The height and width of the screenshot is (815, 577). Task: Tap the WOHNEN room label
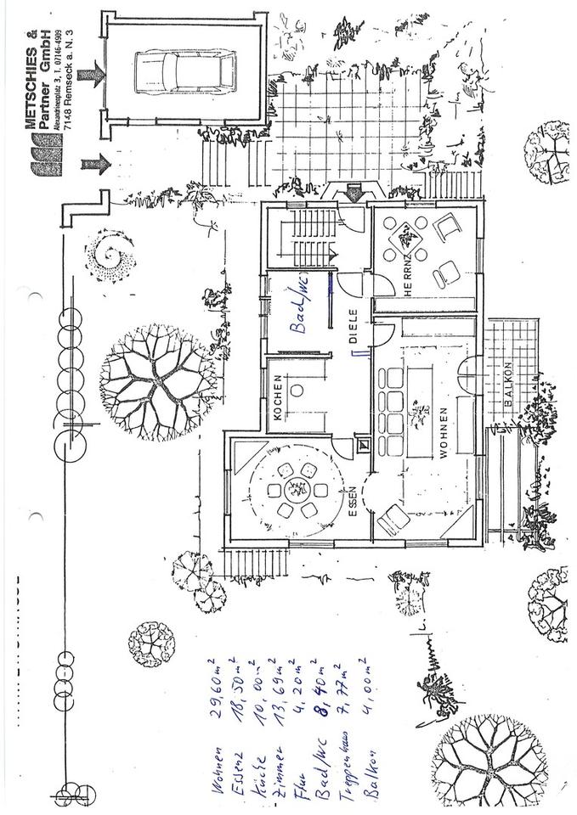click(x=444, y=433)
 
